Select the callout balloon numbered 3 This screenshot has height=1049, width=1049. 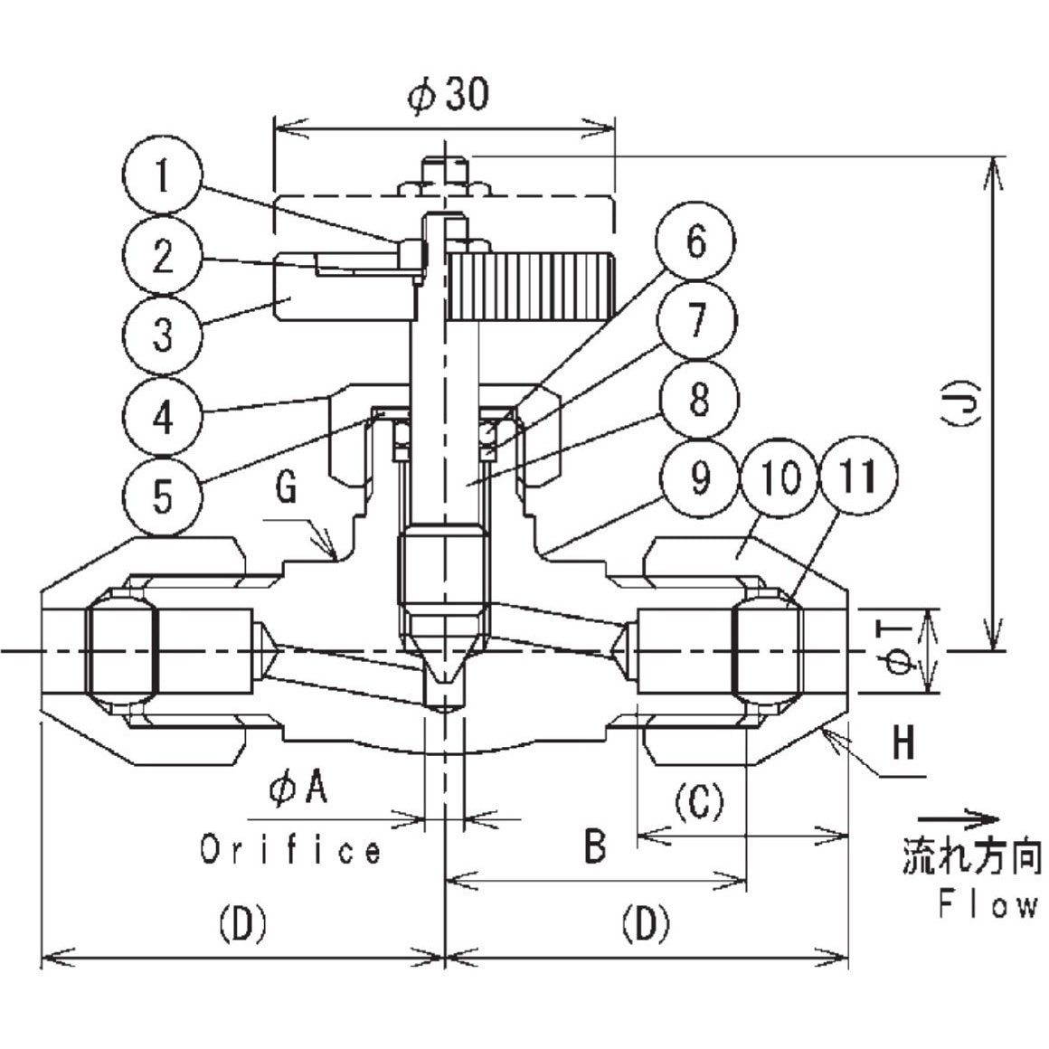[x=163, y=336]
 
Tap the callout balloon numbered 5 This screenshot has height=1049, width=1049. [x=163, y=495]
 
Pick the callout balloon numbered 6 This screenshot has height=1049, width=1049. [x=695, y=242]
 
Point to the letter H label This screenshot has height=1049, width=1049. [x=903, y=744]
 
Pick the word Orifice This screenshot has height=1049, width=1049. [x=291, y=850]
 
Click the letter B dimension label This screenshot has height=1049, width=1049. [x=594, y=847]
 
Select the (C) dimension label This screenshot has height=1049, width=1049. [x=698, y=800]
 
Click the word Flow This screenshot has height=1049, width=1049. [x=988, y=904]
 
